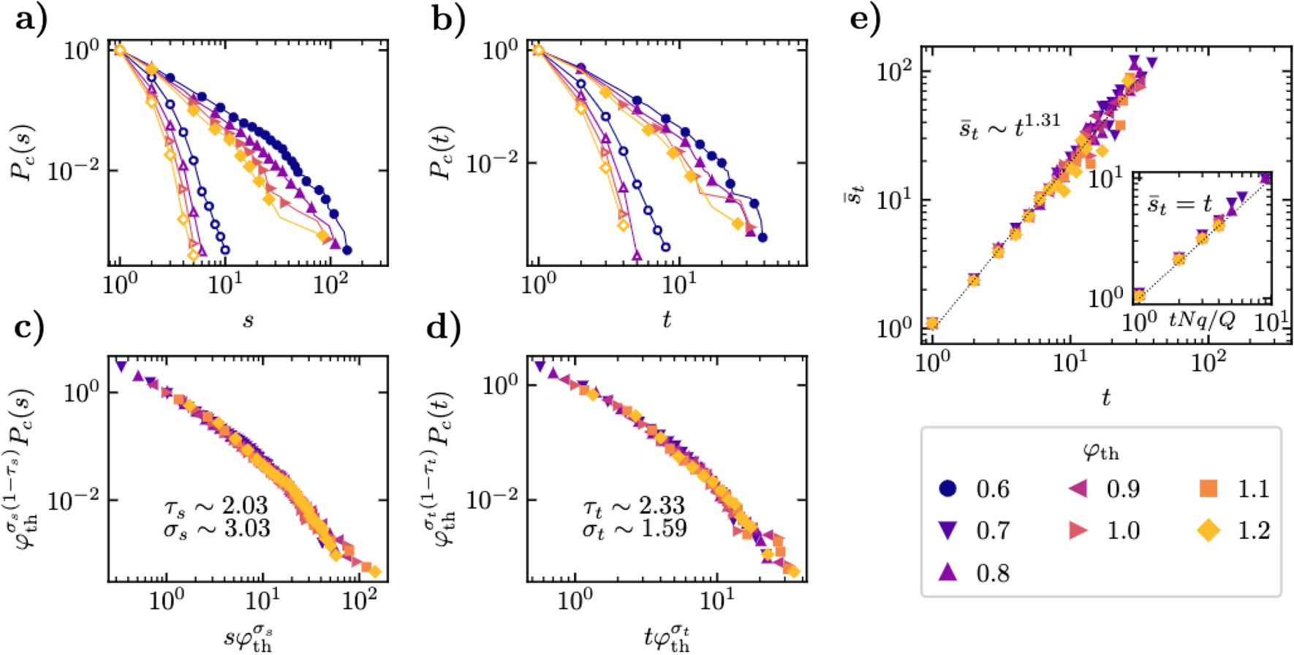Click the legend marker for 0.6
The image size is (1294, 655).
pos(947,488)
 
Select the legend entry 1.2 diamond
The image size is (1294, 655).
pos(1208,531)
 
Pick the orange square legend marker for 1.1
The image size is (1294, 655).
pos(1208,488)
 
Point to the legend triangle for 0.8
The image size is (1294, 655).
pos(947,572)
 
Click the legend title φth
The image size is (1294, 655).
pos(1100,451)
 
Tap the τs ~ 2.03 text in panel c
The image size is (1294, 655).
pos(216,504)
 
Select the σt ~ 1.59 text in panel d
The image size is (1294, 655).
pos(634,528)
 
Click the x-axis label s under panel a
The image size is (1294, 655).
pos(248,320)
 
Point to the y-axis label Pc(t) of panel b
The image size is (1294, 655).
pos(440,152)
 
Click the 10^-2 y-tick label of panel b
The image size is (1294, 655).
pos(490,163)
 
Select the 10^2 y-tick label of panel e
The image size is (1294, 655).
pos(893,72)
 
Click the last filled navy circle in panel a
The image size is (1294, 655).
pos(347,250)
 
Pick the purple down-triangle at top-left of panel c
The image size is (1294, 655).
pos(121,366)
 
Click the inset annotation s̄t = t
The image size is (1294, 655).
pos(1179,205)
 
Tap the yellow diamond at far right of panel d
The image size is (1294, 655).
pos(793,572)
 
